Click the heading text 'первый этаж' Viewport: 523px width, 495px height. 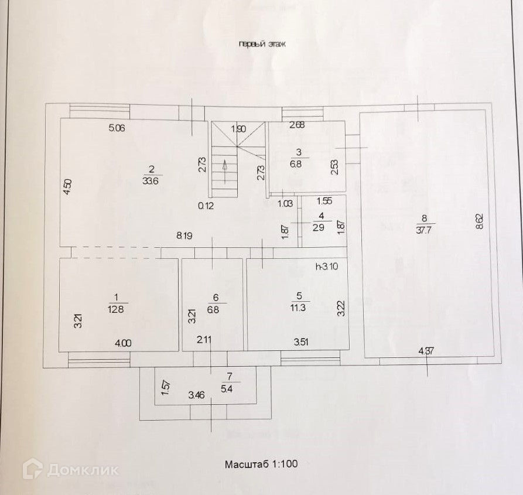coord(261,44)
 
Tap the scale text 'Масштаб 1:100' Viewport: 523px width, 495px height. coord(261,464)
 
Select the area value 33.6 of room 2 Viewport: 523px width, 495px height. coord(151,181)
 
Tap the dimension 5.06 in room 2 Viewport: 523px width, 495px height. coord(117,127)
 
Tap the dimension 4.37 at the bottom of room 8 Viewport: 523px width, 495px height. coord(427,351)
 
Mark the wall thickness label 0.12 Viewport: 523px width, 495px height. coord(206,205)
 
